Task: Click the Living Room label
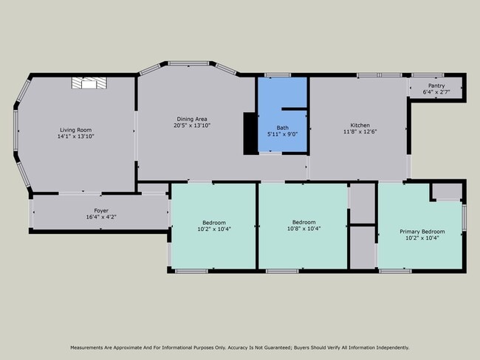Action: (75, 130)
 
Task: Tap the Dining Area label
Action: (192, 119)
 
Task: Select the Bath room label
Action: (283, 128)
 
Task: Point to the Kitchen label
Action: (360, 125)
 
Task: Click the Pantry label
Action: (436, 86)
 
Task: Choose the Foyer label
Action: (101, 211)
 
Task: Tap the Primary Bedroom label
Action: (422, 232)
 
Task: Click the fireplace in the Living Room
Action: (89, 83)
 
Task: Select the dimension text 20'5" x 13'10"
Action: (192, 125)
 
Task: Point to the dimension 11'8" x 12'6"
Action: (360, 131)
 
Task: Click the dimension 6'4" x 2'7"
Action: (436, 91)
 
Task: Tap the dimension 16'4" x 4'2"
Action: (101, 217)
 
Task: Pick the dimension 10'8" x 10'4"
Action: (304, 229)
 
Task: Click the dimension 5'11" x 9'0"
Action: (283, 134)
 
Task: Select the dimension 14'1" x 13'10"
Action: (75, 136)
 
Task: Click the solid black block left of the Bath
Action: (250, 134)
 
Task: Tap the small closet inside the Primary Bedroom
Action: (448, 191)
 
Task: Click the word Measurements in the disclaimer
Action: (86, 347)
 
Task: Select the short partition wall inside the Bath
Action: (294, 109)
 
